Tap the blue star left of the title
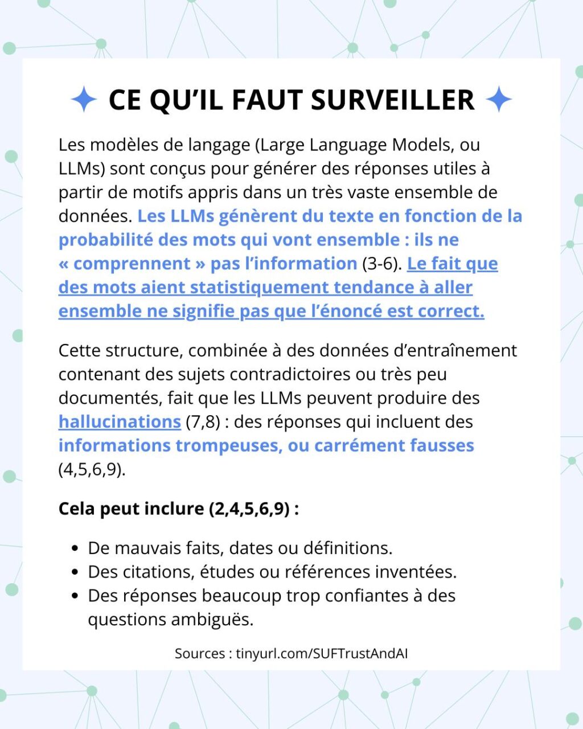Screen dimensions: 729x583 click(84, 100)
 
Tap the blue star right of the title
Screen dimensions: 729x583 click(499, 100)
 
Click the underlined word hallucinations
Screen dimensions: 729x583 click(120, 421)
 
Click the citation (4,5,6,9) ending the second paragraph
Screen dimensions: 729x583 click(92, 469)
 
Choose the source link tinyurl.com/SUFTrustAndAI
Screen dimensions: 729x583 click(322, 653)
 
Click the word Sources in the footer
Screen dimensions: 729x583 click(199, 653)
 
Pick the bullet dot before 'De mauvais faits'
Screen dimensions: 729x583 click(75, 549)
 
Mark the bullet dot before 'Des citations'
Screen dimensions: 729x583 click(75, 572)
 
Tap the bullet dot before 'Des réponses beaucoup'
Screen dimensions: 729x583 click(75, 596)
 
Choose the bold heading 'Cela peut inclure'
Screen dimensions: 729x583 click(131, 508)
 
